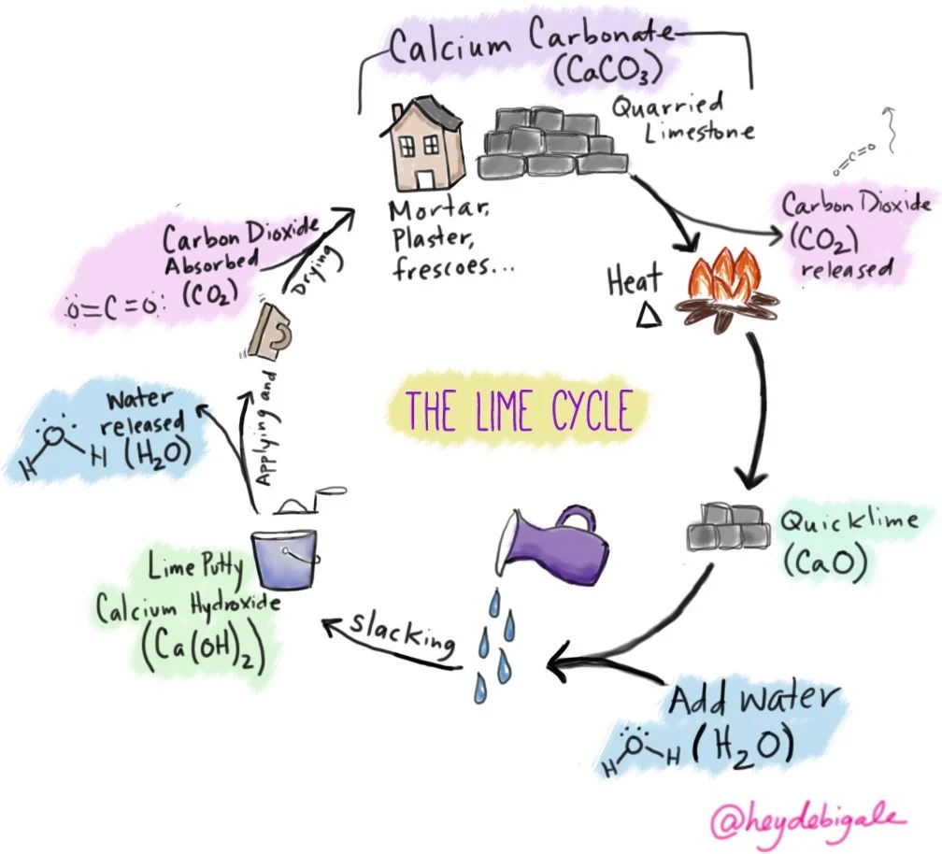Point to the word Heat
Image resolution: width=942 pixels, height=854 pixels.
635,279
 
